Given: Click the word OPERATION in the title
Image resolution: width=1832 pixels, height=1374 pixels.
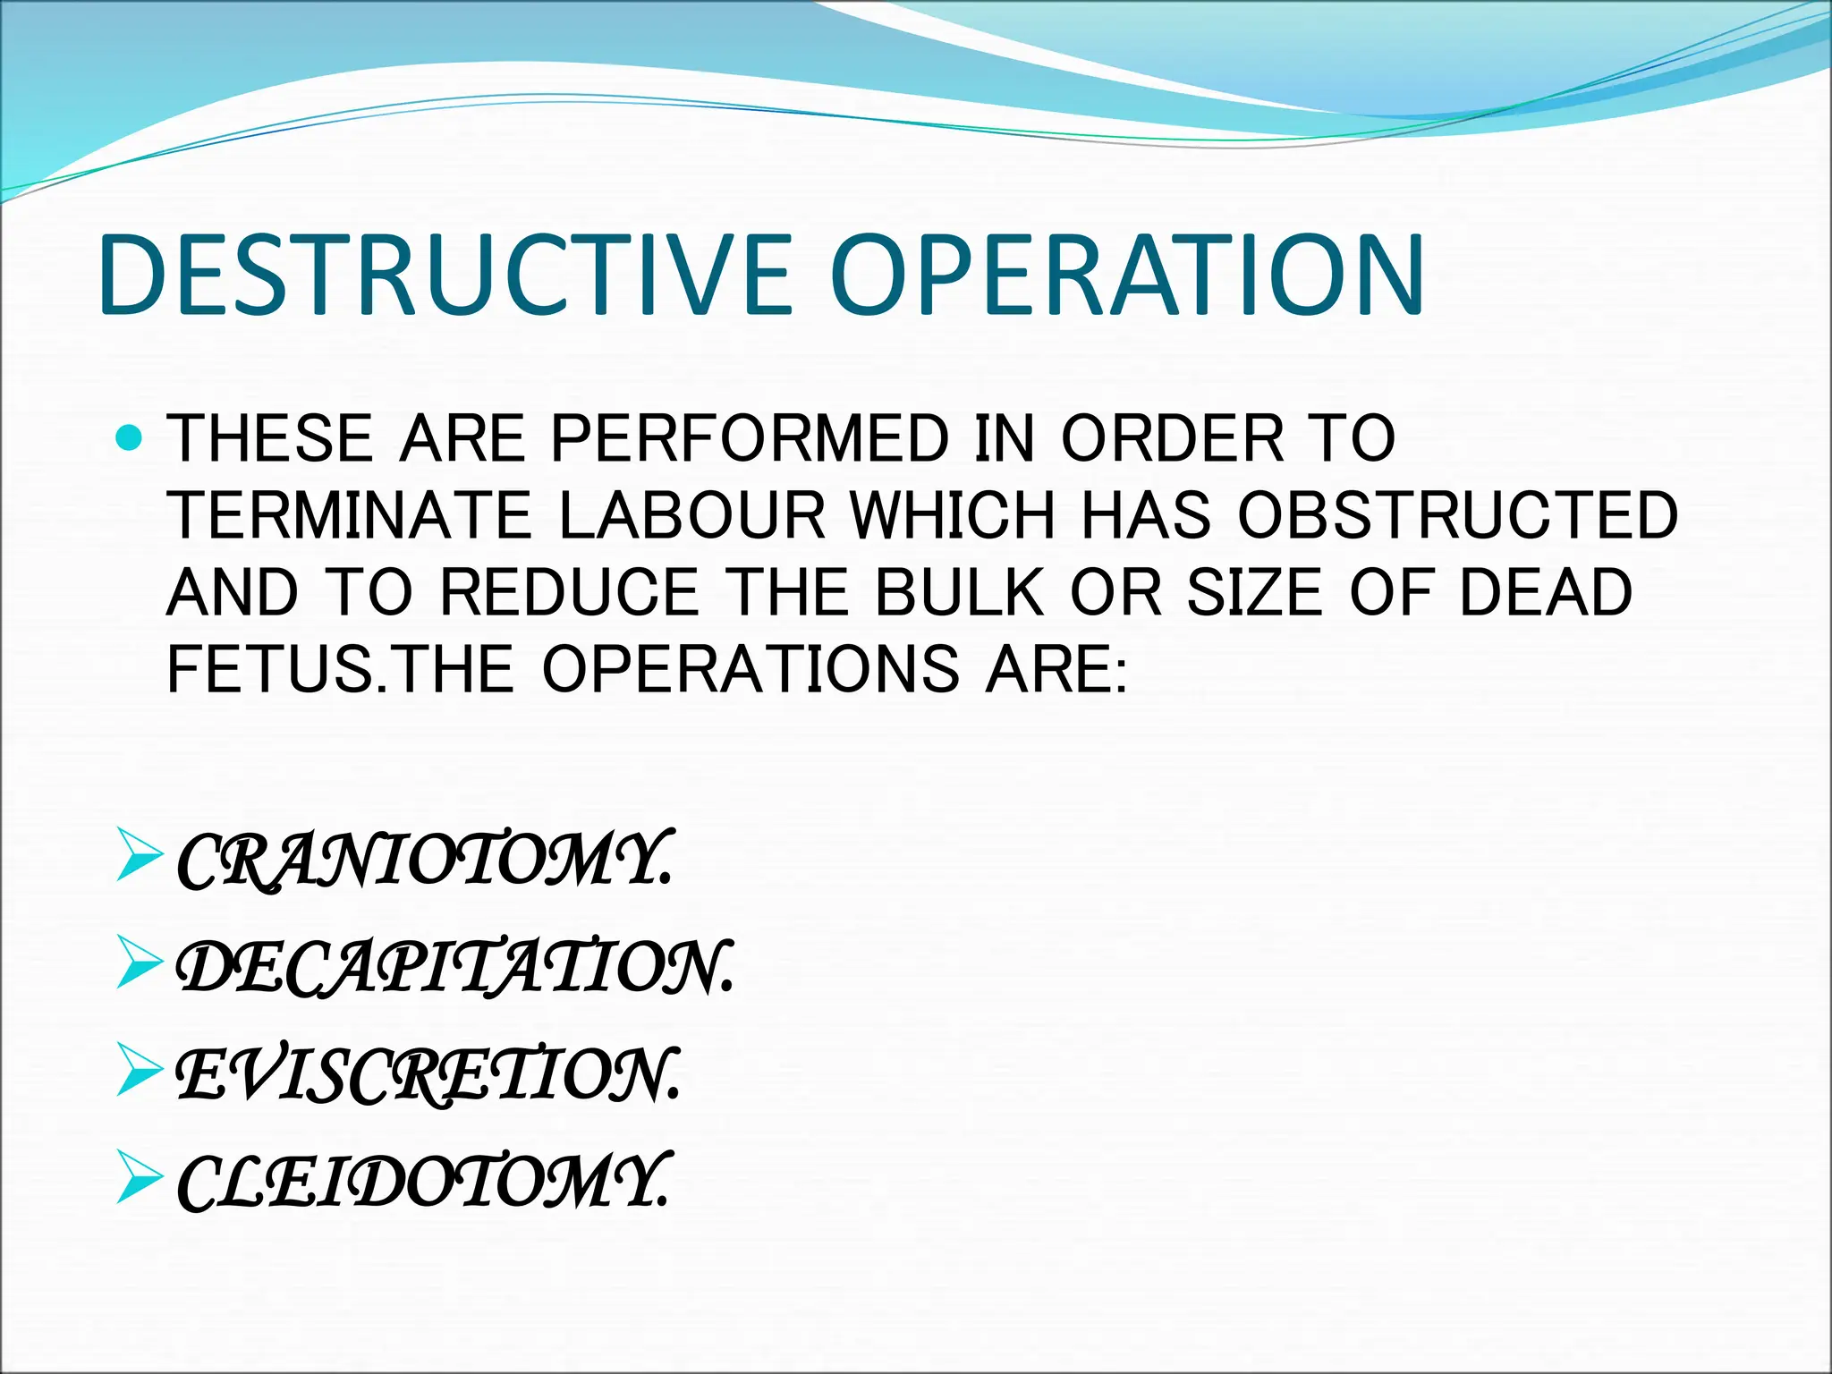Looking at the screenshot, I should click(x=1127, y=275).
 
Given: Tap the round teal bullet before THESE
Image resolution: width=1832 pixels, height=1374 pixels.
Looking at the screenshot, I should click(x=131, y=438).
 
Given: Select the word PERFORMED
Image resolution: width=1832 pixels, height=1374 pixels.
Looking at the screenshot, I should click(x=749, y=438).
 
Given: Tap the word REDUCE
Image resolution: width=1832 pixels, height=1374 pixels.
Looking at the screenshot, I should click(x=569, y=592).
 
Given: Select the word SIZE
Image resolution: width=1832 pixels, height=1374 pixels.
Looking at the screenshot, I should click(x=1254, y=592).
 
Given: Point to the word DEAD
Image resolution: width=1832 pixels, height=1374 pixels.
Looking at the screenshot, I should click(x=1546, y=592).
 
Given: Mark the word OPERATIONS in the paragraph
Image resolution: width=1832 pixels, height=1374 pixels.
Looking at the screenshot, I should click(x=751, y=669).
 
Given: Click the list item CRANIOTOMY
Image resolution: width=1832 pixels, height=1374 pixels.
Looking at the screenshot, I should click(x=423, y=861).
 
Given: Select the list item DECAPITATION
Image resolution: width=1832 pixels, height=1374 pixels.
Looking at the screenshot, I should click(x=455, y=968).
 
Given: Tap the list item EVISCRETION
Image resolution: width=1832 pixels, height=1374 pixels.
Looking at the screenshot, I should click(x=428, y=1074).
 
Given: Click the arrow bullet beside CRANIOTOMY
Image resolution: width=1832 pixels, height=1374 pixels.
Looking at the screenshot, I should click(x=140, y=855).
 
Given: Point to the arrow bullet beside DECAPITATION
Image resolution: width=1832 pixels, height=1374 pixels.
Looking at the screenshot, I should click(x=140, y=963).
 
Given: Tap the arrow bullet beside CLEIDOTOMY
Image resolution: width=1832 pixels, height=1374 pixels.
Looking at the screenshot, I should click(x=140, y=1176).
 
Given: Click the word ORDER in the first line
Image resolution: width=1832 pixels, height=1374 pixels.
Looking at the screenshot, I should click(x=1173, y=438).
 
